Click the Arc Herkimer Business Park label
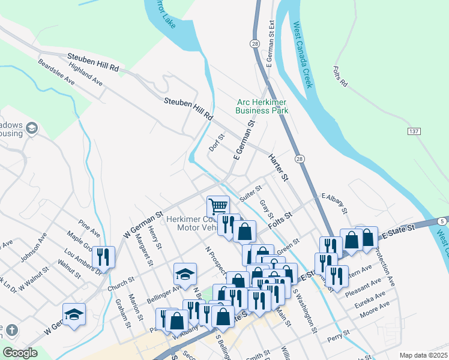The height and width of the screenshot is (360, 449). point(262,106)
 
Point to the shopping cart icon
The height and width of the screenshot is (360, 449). point(218,207)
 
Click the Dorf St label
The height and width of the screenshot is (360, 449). point(216,142)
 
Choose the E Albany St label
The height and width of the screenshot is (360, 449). point(334,202)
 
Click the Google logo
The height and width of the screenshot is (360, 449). point(20,353)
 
